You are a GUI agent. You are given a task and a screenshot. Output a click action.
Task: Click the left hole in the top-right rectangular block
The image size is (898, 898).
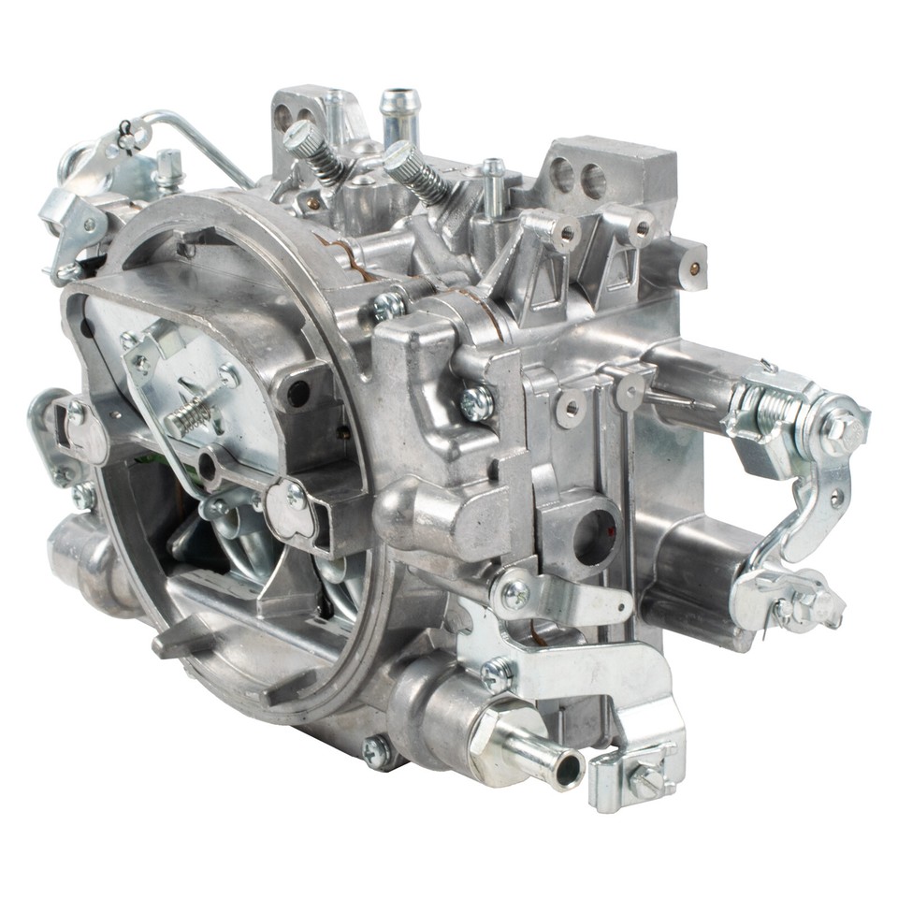point(562,176)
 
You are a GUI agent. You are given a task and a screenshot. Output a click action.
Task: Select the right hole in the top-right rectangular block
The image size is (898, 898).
point(593,181)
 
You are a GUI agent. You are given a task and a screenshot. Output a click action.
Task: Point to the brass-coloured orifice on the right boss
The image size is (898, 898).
point(693,268)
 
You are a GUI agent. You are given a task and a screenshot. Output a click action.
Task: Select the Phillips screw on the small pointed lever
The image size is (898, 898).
point(514,593)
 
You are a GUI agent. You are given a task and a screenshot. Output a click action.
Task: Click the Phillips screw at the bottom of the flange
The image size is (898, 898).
point(376,749)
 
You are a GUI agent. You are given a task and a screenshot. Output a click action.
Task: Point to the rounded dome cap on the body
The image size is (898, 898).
point(408,510)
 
